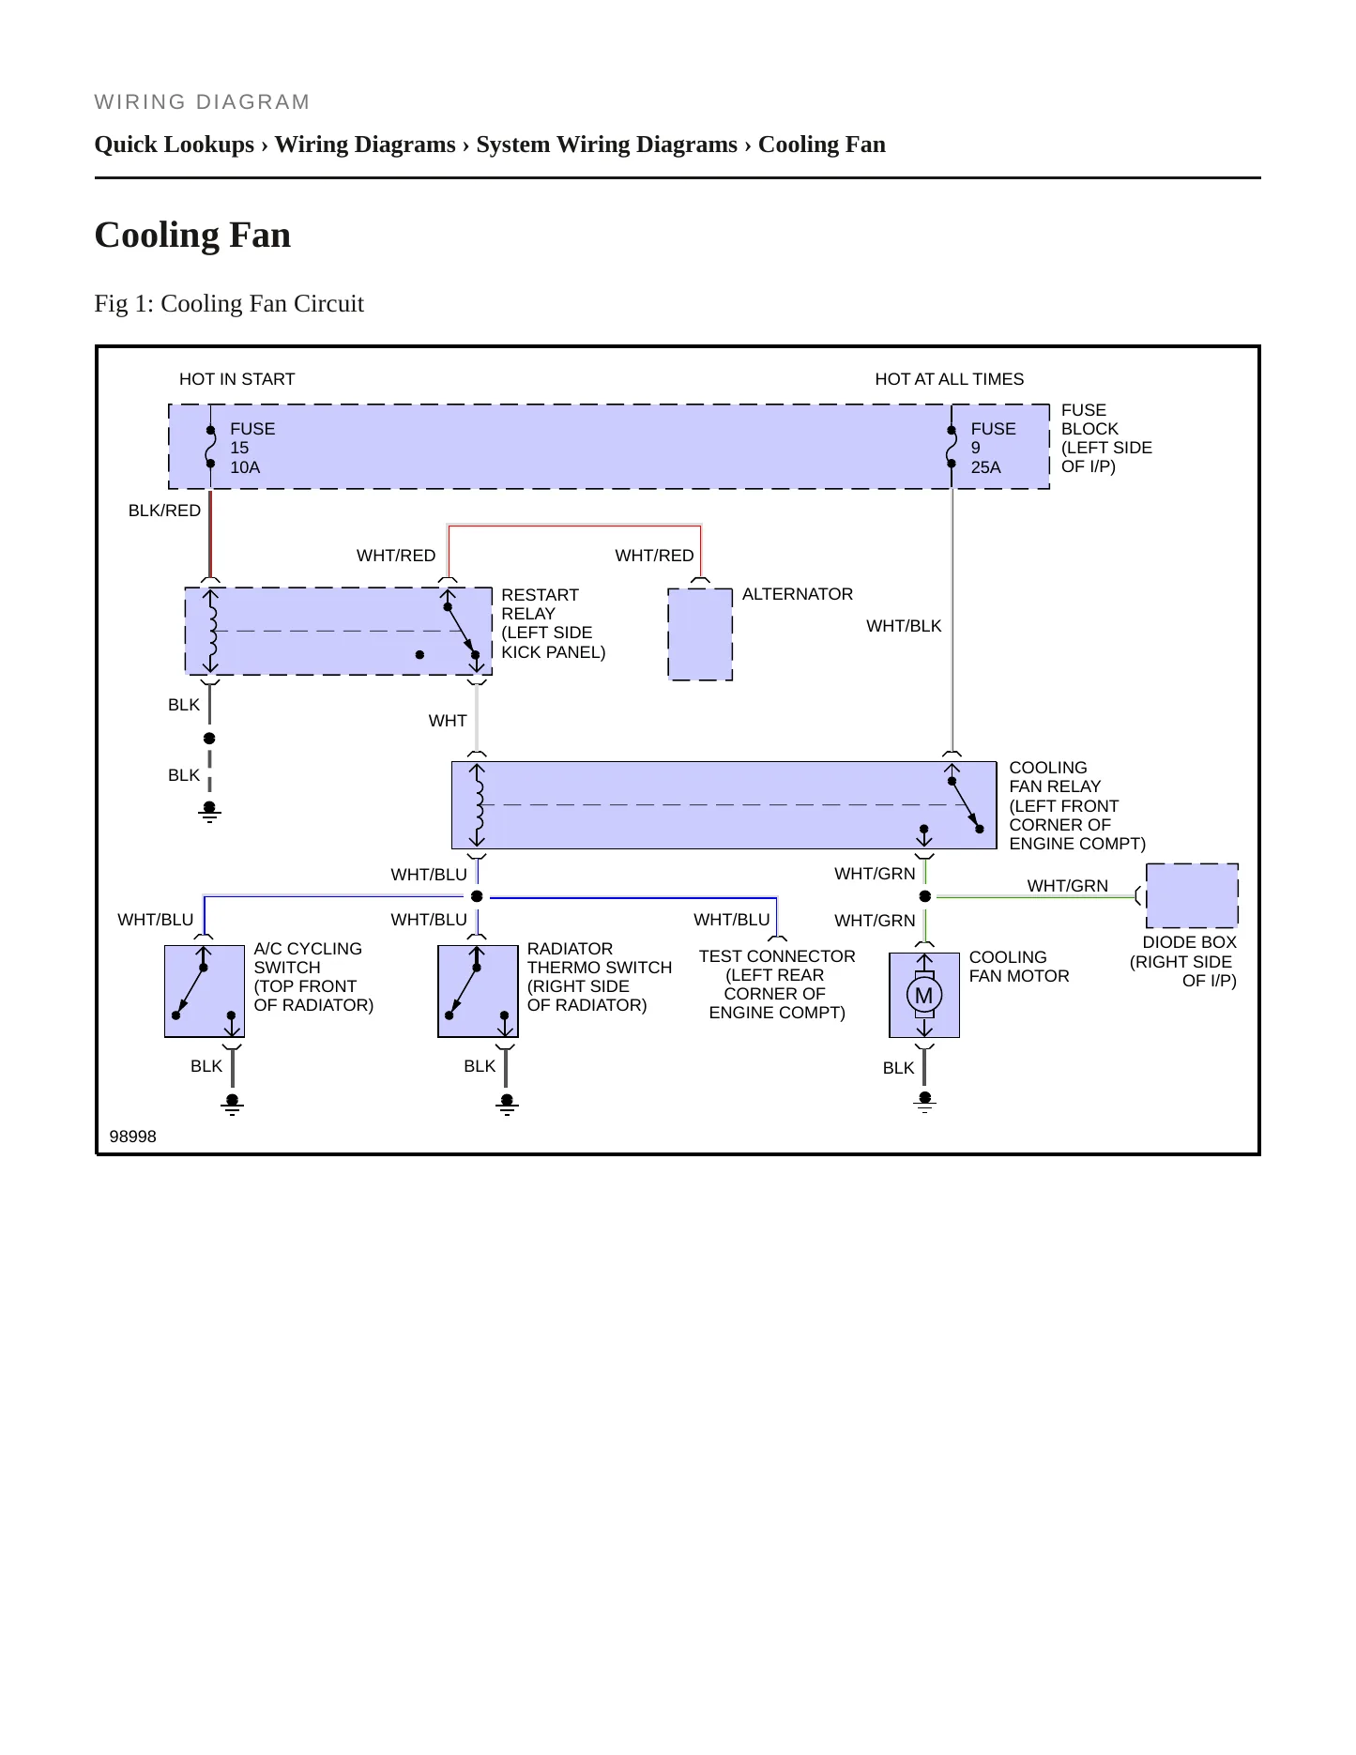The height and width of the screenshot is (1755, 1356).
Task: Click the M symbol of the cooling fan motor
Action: point(924,995)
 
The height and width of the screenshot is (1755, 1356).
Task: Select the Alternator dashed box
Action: point(700,634)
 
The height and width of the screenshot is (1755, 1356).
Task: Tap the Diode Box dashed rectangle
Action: point(1192,895)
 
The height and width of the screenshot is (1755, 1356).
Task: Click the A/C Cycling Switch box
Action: point(205,991)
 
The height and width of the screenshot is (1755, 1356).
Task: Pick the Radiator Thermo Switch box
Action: point(478,991)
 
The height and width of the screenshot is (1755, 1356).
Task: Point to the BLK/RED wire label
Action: point(164,511)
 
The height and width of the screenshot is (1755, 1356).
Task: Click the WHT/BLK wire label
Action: point(904,626)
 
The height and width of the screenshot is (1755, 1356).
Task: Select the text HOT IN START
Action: point(236,379)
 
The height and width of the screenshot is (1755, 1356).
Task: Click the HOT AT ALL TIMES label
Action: point(949,379)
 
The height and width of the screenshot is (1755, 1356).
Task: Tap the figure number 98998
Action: point(133,1137)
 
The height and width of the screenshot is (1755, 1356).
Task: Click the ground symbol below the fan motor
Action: point(925,1102)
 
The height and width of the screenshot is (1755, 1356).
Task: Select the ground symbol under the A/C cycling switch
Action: point(233,1105)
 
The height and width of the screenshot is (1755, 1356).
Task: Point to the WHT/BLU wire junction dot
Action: point(477,896)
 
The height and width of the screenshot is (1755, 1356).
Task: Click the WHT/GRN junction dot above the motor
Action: point(925,896)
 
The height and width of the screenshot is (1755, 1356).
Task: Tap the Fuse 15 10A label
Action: point(252,448)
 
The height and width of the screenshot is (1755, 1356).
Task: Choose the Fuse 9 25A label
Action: point(993,448)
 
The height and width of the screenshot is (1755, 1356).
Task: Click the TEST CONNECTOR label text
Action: point(777,956)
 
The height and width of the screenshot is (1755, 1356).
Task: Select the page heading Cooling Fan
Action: point(192,235)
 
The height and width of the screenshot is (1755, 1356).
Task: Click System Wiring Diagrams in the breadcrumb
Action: point(606,145)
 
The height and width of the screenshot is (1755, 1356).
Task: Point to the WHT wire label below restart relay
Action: point(448,721)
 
